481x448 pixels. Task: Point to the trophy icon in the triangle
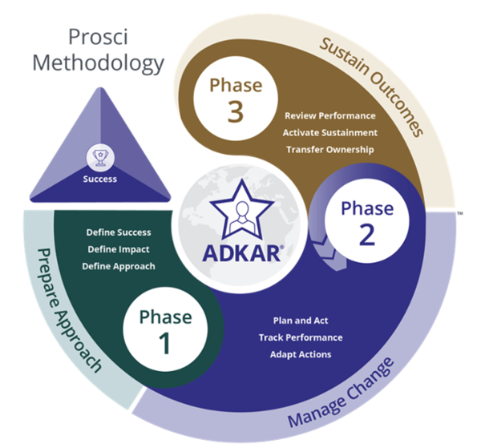[x=100, y=157]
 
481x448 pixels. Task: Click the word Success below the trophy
[x=100, y=179]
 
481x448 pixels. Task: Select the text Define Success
[x=119, y=232]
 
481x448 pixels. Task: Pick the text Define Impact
[x=119, y=249]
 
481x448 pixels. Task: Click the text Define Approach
[x=119, y=266]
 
